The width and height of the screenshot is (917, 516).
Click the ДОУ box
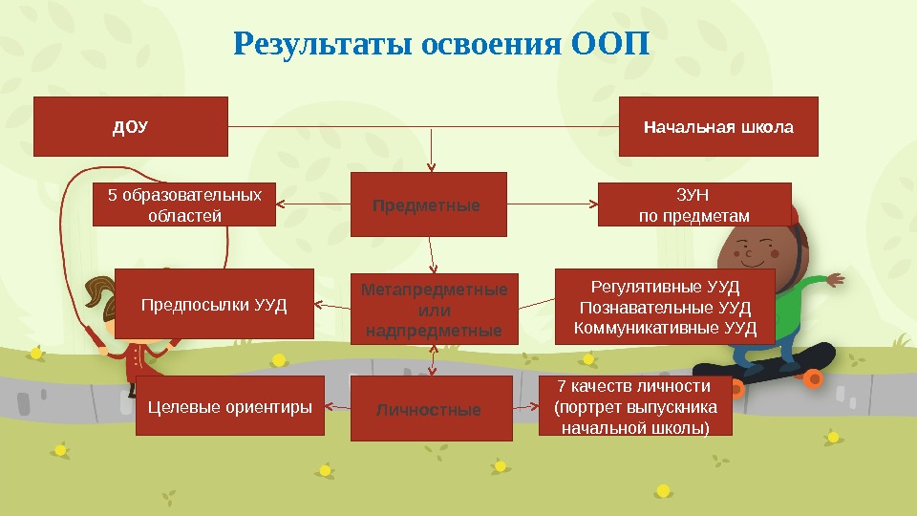point(131,126)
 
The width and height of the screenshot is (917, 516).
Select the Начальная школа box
point(718,126)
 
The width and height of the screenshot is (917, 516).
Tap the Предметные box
point(429,204)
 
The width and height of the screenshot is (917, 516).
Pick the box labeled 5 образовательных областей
point(184,204)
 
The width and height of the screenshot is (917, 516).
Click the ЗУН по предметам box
point(694,204)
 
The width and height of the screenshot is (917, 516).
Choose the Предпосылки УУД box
point(214,304)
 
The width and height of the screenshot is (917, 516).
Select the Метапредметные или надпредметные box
point(435,309)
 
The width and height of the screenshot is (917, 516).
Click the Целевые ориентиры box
point(230,407)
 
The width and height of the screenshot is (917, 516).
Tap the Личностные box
point(431,409)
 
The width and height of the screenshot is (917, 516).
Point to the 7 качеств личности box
point(635,406)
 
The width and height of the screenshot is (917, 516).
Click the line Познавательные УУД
point(666,308)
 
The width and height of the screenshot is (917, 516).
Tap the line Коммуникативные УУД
point(666,329)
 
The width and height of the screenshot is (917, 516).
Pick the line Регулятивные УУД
point(666,286)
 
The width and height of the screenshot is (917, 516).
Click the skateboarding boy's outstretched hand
point(835,279)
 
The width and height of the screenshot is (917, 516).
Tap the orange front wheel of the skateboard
point(813,378)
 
